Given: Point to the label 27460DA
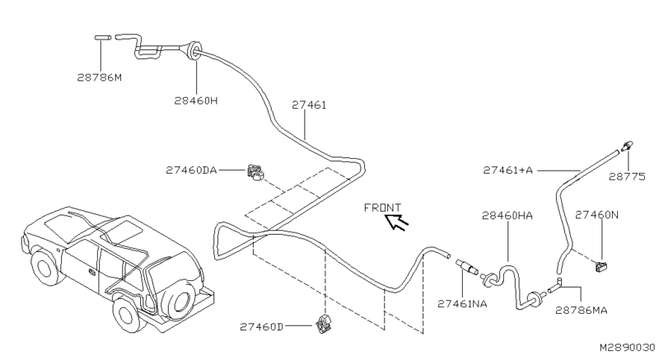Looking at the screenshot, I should [190, 170].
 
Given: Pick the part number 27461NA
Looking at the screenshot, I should [463, 304].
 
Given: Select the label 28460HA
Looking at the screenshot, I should [507, 215].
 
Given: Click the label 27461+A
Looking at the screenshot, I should [508, 170].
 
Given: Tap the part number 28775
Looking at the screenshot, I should [629, 176].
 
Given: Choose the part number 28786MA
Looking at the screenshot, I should [583, 311].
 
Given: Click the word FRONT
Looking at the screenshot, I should [382, 208].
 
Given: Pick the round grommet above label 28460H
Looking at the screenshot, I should [194, 49].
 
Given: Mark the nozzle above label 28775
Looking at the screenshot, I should [628, 144].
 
